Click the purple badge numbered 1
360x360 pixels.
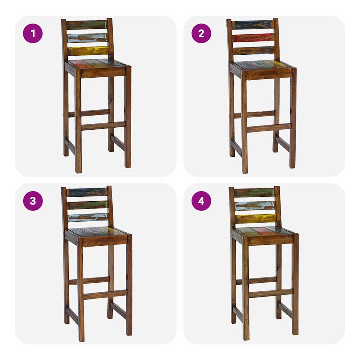[x=33, y=33]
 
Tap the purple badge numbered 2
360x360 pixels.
[x=201, y=33]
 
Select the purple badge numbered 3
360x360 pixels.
[x=33, y=201]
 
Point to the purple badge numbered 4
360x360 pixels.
[x=201, y=201]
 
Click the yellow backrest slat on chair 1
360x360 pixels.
[x=88, y=51]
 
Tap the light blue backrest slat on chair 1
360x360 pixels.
[x=87, y=38]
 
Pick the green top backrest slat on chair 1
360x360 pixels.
[x=87, y=25]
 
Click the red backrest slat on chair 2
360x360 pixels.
[x=253, y=38]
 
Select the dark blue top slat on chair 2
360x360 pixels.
[x=253, y=25]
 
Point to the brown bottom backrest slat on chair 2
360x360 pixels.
[x=254, y=50]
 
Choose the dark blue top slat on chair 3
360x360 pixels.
[x=87, y=192]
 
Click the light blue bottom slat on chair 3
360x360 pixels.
[x=88, y=217]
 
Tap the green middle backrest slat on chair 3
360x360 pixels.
[x=87, y=205]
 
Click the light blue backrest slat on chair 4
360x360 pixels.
[x=255, y=206]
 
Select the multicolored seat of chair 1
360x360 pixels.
[x=97, y=63]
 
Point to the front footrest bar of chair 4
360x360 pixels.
[x=271, y=294]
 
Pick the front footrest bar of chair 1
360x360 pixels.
[x=104, y=126]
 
